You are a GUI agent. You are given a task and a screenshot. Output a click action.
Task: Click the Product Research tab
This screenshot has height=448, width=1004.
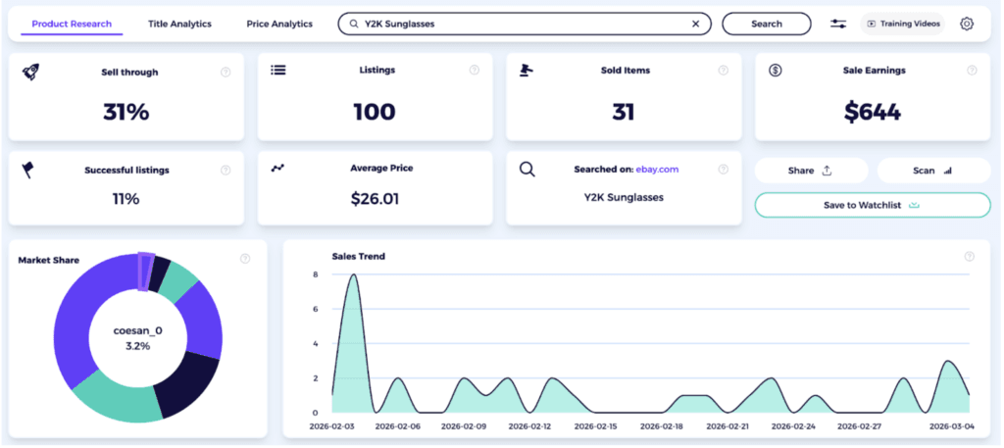pos(72,24)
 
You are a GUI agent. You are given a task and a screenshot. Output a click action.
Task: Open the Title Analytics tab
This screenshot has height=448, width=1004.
pos(179,24)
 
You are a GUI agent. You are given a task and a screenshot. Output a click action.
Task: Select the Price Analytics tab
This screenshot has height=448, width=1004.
pos(278,24)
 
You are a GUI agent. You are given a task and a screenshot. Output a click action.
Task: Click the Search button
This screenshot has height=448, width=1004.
pos(766,24)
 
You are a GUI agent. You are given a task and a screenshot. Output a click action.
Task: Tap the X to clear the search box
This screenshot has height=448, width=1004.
pos(696,24)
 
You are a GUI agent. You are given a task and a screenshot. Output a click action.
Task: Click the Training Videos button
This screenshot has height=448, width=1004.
pos(902,24)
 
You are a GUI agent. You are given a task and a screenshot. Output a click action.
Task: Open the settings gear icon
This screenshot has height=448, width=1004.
pos(967,24)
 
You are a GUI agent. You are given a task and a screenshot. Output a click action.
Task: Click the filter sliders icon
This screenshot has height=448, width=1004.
pos(838,24)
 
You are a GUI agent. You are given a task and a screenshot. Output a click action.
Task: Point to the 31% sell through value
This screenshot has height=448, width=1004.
pos(125,112)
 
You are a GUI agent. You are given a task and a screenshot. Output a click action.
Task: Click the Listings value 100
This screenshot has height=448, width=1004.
pos(375,112)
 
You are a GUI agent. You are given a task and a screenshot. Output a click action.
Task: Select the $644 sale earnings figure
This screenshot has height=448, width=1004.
pos(872,112)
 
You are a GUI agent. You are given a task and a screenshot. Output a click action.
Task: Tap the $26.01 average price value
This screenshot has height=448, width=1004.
pos(375,199)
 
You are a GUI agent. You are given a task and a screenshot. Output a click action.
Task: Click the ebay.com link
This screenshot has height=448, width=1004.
pos(657,170)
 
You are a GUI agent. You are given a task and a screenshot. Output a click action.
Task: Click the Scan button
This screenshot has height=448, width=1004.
pos(932,171)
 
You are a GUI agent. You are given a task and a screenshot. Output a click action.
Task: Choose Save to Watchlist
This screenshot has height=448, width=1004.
pos(872,205)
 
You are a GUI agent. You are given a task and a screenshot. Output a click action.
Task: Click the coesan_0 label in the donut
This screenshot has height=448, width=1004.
pos(138,330)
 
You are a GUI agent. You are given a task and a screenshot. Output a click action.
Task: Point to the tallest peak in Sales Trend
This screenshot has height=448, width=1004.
pos(352,275)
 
